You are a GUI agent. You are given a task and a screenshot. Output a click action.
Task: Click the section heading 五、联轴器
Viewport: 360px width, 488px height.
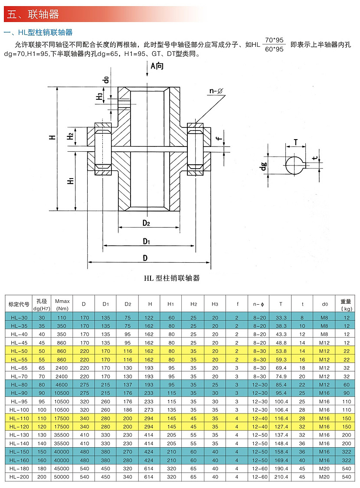click(x=33, y=14)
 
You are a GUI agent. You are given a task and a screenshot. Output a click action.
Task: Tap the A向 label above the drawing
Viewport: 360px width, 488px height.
click(x=157, y=65)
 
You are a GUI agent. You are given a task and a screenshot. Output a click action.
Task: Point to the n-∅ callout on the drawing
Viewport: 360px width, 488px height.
click(x=216, y=91)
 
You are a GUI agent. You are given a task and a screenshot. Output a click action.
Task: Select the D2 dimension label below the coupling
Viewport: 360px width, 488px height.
click(x=146, y=223)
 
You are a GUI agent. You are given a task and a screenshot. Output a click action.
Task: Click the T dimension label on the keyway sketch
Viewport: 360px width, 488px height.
click(x=295, y=142)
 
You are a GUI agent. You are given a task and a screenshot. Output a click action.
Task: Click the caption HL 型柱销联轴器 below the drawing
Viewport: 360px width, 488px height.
click(x=172, y=278)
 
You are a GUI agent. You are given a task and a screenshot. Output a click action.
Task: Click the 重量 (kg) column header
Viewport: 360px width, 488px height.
click(x=346, y=304)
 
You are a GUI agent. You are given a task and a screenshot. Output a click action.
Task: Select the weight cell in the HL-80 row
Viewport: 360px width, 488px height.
click(x=346, y=384)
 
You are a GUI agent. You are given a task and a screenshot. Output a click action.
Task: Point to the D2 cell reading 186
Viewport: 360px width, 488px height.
click(x=128, y=410)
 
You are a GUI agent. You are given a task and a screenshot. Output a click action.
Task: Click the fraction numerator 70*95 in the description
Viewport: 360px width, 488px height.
click(x=274, y=40)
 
